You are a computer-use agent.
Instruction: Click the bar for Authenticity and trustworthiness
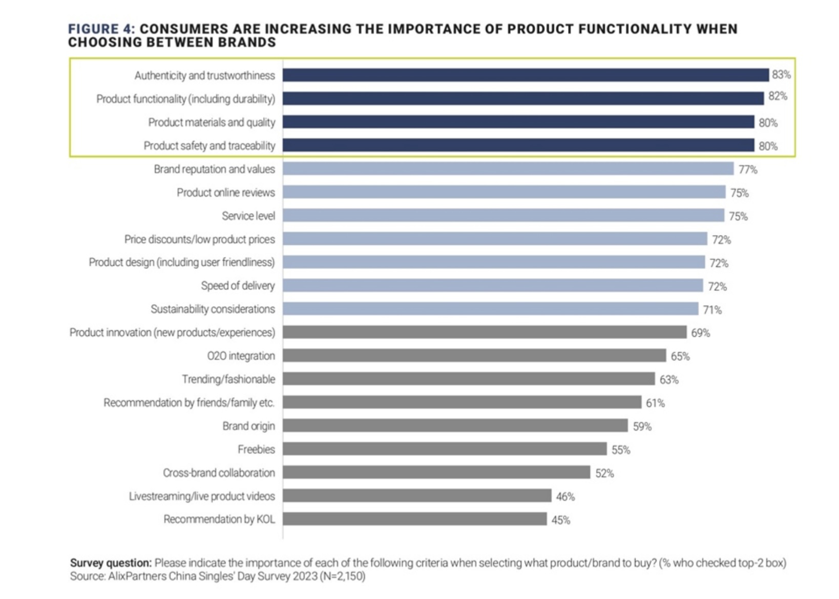click(x=526, y=75)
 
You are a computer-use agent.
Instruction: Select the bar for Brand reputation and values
click(x=508, y=169)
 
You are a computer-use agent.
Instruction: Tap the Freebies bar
click(x=445, y=450)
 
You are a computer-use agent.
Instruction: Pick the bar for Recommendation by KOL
click(x=414, y=519)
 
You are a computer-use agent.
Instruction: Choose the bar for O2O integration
click(x=474, y=356)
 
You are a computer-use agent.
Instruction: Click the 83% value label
click(x=781, y=75)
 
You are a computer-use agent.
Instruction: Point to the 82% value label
click(x=778, y=96)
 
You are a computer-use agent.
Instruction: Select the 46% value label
click(x=565, y=497)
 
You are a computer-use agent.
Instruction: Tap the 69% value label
click(x=700, y=333)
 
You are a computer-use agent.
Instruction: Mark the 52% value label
click(x=604, y=474)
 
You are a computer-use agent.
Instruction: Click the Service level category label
click(x=248, y=216)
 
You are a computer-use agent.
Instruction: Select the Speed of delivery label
click(x=238, y=286)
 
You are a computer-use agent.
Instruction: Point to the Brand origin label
click(x=248, y=426)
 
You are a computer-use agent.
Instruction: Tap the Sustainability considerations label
click(x=213, y=309)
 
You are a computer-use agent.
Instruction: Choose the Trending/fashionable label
click(x=228, y=379)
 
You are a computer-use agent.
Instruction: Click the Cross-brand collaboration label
click(x=219, y=473)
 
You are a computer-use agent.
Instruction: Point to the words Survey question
click(x=111, y=563)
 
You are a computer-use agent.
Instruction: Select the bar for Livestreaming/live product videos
click(x=417, y=496)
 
